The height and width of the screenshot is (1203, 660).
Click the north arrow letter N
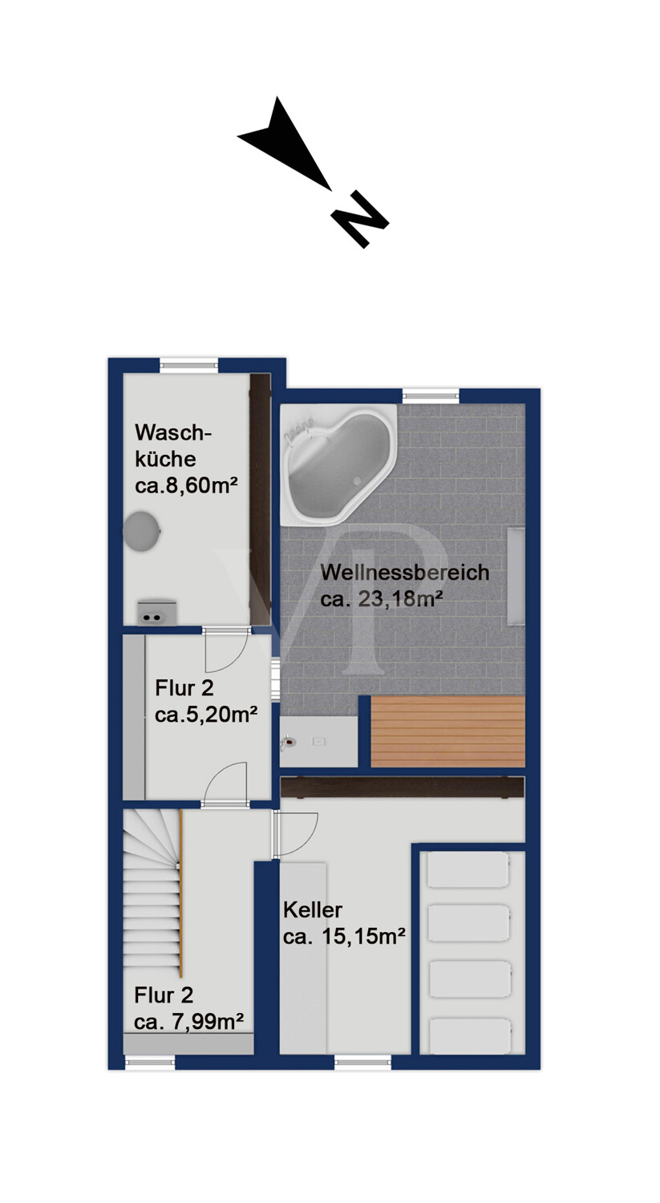359,219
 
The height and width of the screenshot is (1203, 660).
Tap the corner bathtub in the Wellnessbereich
338,466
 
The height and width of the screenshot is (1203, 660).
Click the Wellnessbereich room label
405,573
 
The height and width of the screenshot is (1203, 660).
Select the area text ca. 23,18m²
383,598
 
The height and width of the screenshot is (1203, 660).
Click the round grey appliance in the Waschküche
142,531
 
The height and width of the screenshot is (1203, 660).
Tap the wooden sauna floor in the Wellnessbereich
447,731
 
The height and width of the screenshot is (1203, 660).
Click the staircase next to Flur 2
152,890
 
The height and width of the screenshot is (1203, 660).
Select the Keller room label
313,910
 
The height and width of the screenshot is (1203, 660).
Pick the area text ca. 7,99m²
189,1021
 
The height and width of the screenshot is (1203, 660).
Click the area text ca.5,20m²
206,715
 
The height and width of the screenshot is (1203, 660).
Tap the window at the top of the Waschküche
188,365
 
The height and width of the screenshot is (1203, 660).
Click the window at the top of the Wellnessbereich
431,395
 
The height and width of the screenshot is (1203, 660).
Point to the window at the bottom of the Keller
363,1063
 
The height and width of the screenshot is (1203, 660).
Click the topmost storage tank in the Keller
468,871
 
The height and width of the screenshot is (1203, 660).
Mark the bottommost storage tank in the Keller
468,1035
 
